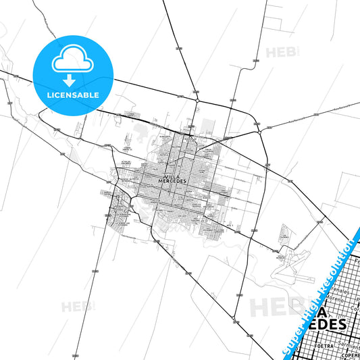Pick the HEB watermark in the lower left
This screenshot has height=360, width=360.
78,307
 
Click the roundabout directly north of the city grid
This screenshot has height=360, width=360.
195,102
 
